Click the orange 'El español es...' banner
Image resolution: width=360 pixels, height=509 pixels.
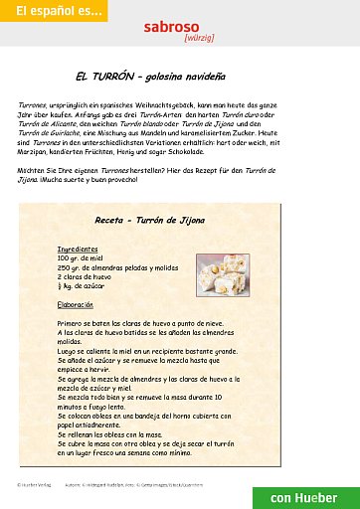53,11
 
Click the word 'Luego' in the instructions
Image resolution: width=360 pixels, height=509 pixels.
67,350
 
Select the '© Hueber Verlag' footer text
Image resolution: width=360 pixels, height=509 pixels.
33,484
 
